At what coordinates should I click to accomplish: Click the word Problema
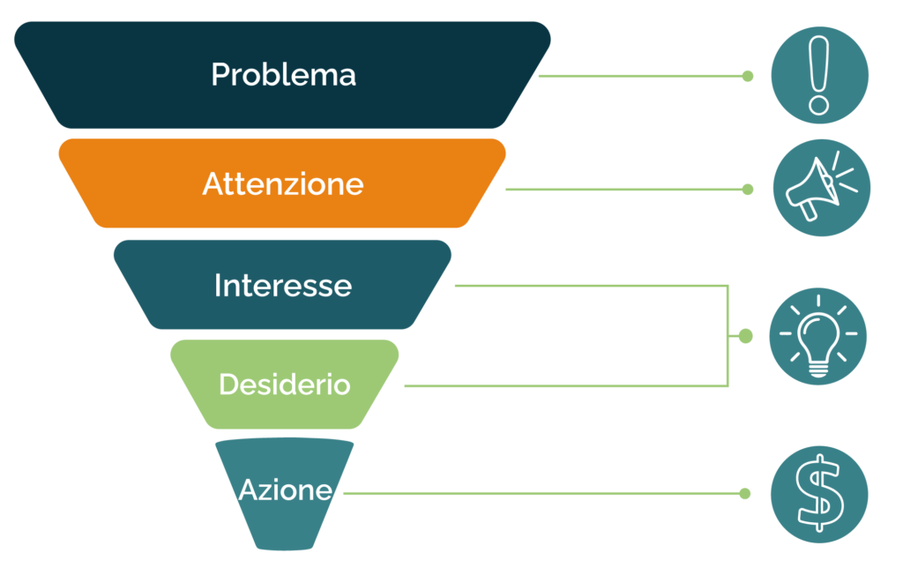(x=283, y=75)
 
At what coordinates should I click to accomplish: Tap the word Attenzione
(x=282, y=184)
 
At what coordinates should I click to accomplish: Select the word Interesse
(x=282, y=286)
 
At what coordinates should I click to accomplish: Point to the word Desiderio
(x=284, y=385)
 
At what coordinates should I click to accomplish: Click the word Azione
(x=285, y=490)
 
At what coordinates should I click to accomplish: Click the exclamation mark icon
(x=819, y=75)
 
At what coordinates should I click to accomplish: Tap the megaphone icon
(x=820, y=188)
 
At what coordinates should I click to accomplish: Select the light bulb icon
(x=818, y=337)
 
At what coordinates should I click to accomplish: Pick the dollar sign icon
(x=819, y=493)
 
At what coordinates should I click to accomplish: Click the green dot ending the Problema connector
(x=748, y=76)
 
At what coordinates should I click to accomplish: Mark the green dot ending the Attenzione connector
(x=748, y=189)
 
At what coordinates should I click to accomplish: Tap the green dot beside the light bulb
(x=745, y=336)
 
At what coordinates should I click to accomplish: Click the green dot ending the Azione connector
(x=746, y=493)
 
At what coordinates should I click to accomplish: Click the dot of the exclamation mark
(x=819, y=105)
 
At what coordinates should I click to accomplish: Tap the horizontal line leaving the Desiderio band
(x=564, y=385)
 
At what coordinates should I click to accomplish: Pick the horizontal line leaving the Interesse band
(x=591, y=286)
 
